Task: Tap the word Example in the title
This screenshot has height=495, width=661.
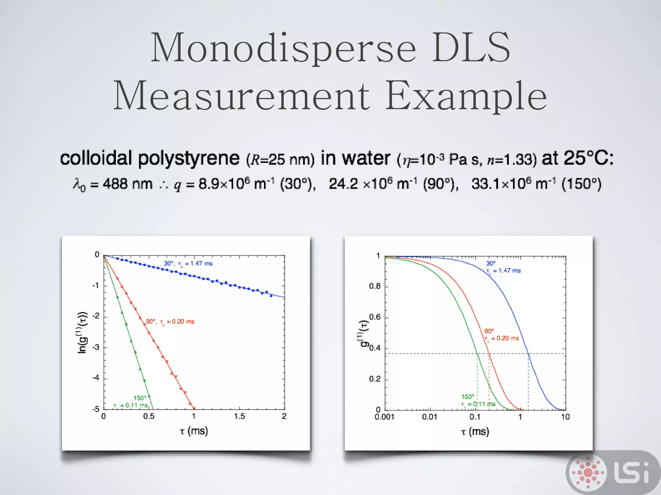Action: click(x=466, y=96)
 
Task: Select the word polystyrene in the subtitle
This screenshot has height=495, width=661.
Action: click(x=189, y=159)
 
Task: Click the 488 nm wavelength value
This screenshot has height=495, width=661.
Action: click(x=127, y=184)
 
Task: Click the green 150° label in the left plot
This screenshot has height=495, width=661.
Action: click(x=139, y=398)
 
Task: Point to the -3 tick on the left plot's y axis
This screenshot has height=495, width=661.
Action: click(x=96, y=347)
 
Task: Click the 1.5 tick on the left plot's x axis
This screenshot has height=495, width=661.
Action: click(x=239, y=416)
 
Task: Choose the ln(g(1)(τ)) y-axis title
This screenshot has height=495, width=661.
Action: click(x=82, y=332)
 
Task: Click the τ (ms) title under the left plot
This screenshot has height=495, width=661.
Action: click(x=194, y=431)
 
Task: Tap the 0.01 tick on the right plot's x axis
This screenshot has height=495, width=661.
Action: click(x=430, y=417)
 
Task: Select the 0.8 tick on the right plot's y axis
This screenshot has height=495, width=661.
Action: click(x=375, y=286)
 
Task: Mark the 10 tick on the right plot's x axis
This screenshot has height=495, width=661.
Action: click(x=565, y=417)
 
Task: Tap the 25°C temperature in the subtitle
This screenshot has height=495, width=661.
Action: click(x=588, y=158)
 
